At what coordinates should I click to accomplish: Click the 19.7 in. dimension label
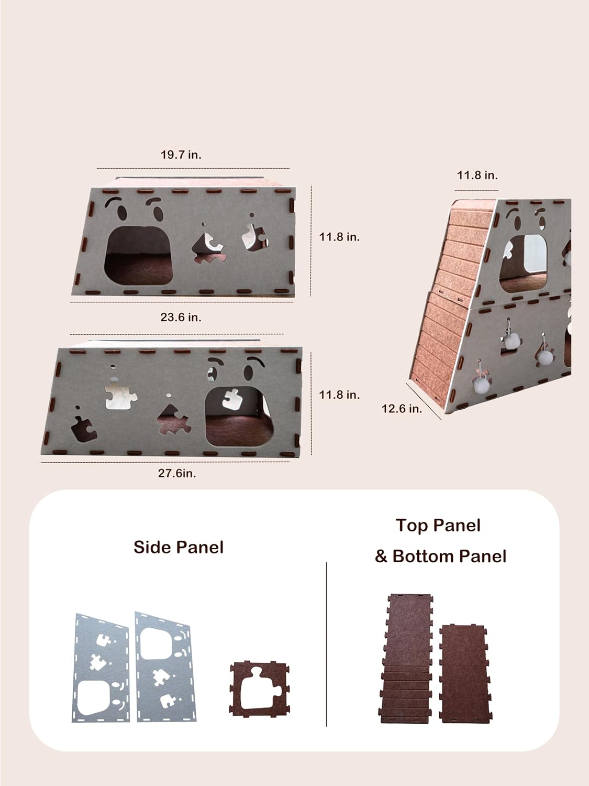tap(181, 155)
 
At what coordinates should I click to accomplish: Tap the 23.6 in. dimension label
tap(181, 317)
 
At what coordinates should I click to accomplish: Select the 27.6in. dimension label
tap(177, 473)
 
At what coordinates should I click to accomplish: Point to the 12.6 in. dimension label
tap(402, 409)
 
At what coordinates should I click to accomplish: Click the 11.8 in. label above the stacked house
tap(477, 176)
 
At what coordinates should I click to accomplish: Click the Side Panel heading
tap(179, 548)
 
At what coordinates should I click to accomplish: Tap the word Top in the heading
tap(411, 526)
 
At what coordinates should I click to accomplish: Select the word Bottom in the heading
tap(423, 556)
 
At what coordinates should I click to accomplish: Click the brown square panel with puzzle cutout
tap(259, 688)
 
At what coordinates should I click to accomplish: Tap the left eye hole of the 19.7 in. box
tap(123, 214)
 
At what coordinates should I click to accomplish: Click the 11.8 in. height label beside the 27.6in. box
tap(339, 395)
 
